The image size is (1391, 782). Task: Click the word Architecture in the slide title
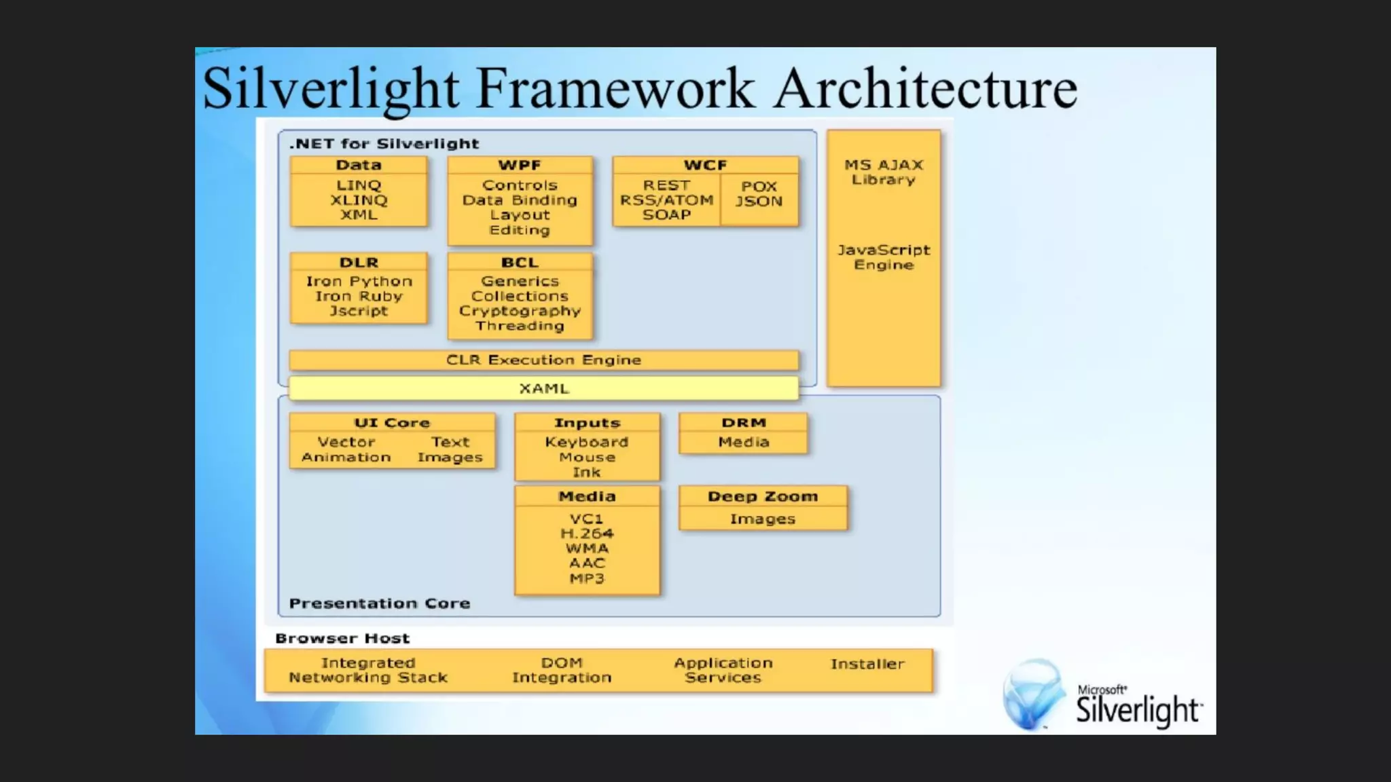pyautogui.click(x=925, y=89)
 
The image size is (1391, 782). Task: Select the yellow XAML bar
pyautogui.click(x=543, y=388)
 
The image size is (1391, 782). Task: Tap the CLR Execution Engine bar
pyautogui.click(x=543, y=360)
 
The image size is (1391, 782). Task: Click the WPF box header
pyautogui.click(x=520, y=165)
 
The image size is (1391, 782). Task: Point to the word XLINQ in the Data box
pyautogui.click(x=359, y=200)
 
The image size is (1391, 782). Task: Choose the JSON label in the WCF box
pyautogui.click(x=759, y=202)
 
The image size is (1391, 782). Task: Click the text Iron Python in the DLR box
pyautogui.click(x=359, y=281)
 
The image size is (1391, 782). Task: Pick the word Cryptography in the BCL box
pyautogui.click(x=520, y=311)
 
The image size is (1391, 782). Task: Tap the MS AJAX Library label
pyautogui.click(x=884, y=172)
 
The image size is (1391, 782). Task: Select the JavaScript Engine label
pyautogui.click(x=884, y=257)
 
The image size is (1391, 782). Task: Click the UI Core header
pyautogui.click(x=392, y=423)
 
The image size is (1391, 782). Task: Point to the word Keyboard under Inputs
pyautogui.click(x=587, y=442)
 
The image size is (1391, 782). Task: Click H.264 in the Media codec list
pyautogui.click(x=587, y=534)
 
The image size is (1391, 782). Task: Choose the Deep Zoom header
pyautogui.click(x=763, y=496)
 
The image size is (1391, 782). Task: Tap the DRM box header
pyautogui.click(x=744, y=423)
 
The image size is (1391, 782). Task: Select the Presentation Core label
pyautogui.click(x=379, y=603)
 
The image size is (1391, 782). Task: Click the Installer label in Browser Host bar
pyautogui.click(x=867, y=664)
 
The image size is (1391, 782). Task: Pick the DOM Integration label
pyautogui.click(x=562, y=670)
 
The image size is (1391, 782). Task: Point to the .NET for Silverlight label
pyautogui.click(x=384, y=144)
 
